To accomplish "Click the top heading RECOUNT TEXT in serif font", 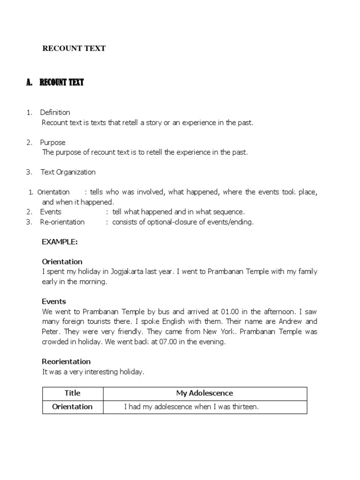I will pyautogui.click(x=74, y=48).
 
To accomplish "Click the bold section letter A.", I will pyautogui.click(x=29, y=83).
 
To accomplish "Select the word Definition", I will pyautogui.click(x=55, y=112).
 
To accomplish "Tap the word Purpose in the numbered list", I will pyautogui.click(x=52, y=142).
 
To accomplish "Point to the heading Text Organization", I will pyautogui.click(x=68, y=172).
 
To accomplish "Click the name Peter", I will pyautogui.click(x=51, y=331).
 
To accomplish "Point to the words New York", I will pyautogui.click(x=220, y=331).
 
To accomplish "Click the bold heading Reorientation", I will pyautogui.click(x=66, y=361).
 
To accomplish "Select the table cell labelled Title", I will pyautogui.click(x=72, y=393).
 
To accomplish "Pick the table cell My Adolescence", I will pyautogui.click(x=204, y=393).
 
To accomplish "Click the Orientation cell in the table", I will pyautogui.click(x=72, y=406).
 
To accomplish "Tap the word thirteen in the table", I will pyautogui.click(x=243, y=407).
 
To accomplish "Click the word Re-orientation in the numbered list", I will pyautogui.click(x=62, y=222).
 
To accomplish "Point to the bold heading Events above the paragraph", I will pyautogui.click(x=54, y=301).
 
